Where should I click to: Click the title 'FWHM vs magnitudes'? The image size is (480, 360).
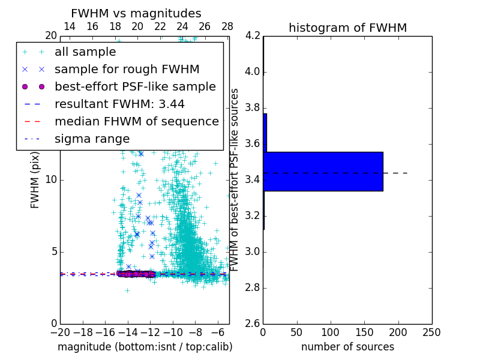point(136,13)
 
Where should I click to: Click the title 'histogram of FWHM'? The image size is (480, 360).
point(347,28)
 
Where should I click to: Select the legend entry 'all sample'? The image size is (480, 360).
point(85,52)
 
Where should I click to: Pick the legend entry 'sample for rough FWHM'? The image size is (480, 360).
point(127,69)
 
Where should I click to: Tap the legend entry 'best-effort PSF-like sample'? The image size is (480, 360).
point(135,86)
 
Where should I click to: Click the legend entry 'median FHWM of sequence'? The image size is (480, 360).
point(136,121)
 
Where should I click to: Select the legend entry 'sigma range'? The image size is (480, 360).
point(92,139)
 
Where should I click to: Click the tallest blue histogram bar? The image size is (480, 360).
point(323,172)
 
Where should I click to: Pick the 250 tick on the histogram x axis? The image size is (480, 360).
point(431,332)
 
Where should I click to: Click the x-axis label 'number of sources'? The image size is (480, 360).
point(347,347)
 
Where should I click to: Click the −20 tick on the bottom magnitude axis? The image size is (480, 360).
point(60,332)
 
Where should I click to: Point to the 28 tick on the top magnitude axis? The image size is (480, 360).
point(227,26)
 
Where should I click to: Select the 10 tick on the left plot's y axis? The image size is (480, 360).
point(51,179)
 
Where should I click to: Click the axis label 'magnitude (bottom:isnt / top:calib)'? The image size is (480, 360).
point(145,347)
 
